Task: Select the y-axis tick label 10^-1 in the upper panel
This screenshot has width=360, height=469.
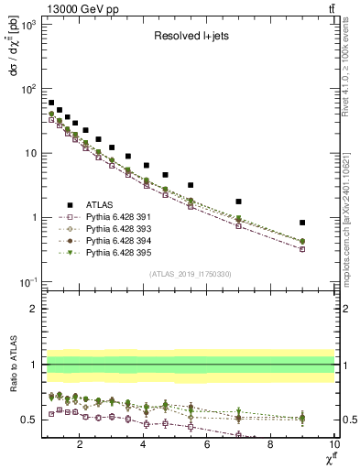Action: click(x=27, y=282)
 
